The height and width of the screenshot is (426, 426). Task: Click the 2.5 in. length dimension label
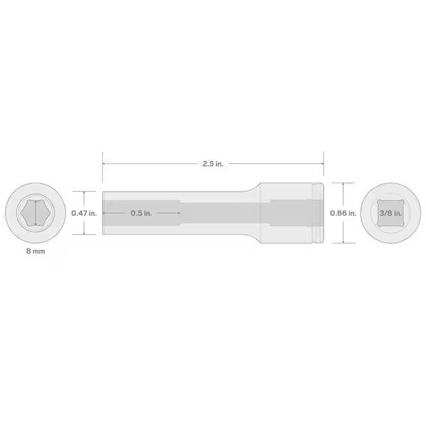click(213, 163)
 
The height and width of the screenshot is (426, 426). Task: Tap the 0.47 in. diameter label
click(83, 212)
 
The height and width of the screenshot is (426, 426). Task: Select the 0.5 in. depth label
click(141, 212)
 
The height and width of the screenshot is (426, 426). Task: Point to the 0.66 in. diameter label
click(343, 212)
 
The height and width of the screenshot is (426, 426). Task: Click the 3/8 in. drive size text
click(390, 212)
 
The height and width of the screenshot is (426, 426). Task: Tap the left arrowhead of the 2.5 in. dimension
click(104, 163)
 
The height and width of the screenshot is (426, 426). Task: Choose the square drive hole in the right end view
click(390, 213)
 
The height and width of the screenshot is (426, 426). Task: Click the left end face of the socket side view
click(104, 212)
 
